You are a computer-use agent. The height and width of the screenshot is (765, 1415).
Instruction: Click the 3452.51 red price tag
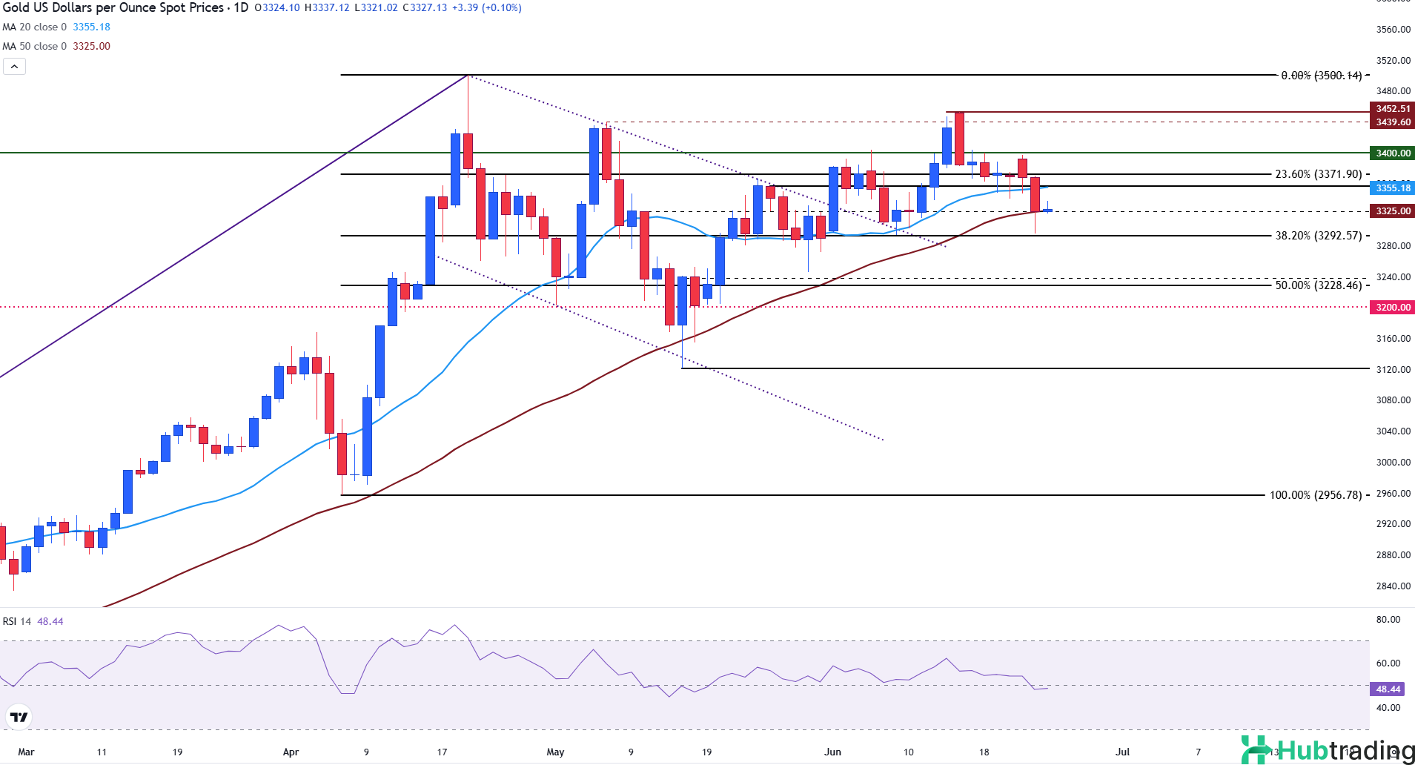point(1393,109)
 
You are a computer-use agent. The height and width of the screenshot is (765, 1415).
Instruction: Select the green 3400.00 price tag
point(1393,153)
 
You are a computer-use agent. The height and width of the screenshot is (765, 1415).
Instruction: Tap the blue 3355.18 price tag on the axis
point(1393,188)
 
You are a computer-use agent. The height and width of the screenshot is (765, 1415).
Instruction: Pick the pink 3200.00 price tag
point(1393,307)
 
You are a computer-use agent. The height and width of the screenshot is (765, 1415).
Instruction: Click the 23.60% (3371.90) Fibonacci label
point(1318,174)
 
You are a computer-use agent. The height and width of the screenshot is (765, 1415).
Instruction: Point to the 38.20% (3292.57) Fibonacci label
point(1318,236)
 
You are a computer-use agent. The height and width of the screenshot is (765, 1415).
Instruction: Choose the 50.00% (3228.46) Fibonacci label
point(1318,285)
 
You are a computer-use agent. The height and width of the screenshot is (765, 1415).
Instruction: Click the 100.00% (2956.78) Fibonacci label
point(1316,495)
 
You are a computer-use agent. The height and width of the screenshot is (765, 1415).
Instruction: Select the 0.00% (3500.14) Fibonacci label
point(1321,76)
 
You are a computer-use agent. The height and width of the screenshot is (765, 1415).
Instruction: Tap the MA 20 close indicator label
point(34,27)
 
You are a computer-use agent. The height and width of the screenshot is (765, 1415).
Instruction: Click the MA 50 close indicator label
point(34,46)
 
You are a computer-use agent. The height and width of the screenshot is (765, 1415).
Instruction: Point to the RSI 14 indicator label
point(17,621)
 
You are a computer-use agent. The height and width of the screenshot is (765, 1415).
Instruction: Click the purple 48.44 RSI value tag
point(1388,689)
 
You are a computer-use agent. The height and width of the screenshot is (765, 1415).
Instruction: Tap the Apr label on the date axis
point(291,752)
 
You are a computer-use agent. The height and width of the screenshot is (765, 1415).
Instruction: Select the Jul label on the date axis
point(1122,752)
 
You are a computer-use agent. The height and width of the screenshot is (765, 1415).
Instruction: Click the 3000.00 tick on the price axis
point(1393,462)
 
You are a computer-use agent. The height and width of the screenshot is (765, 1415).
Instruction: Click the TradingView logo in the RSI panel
point(19,717)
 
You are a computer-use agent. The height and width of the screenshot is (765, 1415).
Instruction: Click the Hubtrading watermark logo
point(1327,749)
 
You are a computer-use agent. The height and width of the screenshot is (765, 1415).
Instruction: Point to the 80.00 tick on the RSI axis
point(1388,620)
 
